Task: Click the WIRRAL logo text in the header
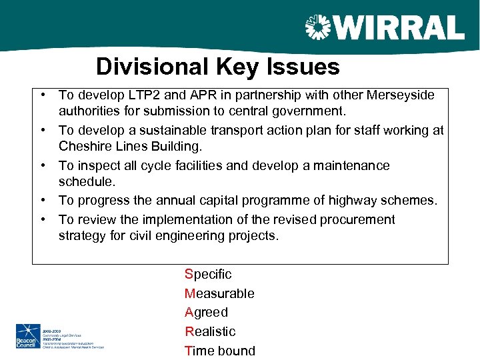click(x=398, y=28)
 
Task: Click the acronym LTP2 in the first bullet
click(x=151, y=95)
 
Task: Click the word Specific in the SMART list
click(x=208, y=274)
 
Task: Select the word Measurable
click(x=219, y=293)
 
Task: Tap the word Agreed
click(x=206, y=312)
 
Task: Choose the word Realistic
click(x=210, y=331)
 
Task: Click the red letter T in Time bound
click(x=189, y=351)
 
